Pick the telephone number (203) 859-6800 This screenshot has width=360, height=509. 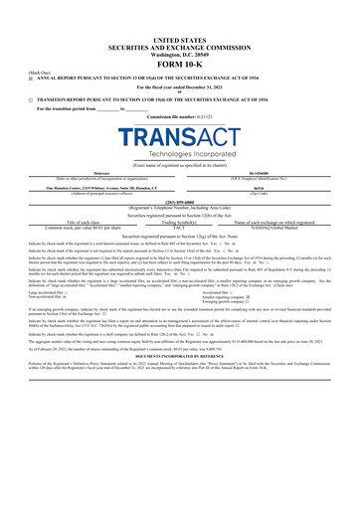point(180,196)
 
